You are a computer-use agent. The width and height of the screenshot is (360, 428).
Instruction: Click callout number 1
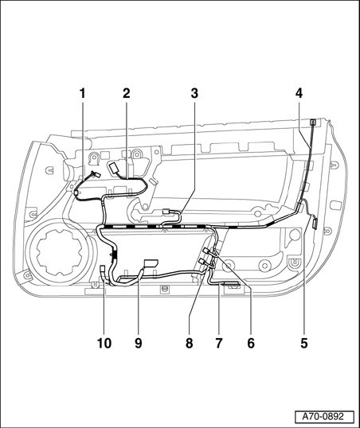(x=82, y=94)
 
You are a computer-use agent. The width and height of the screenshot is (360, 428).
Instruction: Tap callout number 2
(x=127, y=94)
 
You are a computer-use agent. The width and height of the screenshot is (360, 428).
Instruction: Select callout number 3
(x=194, y=94)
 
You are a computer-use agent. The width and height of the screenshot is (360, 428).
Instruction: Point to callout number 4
(x=299, y=94)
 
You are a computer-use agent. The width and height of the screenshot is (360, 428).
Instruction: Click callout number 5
(x=304, y=343)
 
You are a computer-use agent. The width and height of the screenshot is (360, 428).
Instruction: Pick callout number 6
(x=251, y=343)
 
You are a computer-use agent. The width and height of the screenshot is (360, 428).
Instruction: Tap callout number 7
(x=219, y=343)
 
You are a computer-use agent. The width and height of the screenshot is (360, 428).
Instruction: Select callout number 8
(x=189, y=343)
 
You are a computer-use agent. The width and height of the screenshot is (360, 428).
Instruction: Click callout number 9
(x=139, y=343)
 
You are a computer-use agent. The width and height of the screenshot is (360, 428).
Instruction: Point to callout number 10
(x=104, y=343)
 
